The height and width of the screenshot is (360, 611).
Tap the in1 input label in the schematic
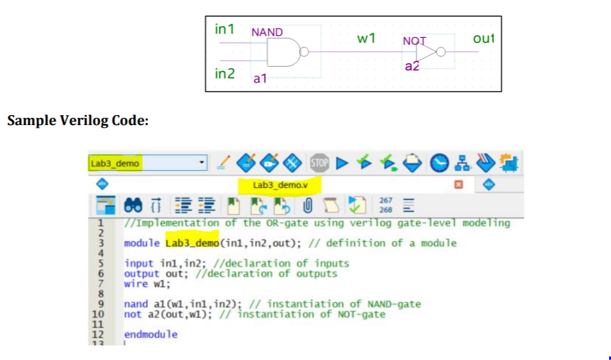[225, 29]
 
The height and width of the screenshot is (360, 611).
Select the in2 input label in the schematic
[225, 73]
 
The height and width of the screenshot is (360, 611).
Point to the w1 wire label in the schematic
[366, 38]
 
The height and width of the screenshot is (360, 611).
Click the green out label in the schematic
[484, 38]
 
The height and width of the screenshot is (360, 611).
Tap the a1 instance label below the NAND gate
[260, 79]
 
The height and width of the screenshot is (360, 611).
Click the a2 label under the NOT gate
[412, 66]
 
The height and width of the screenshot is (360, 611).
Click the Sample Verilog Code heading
[77, 121]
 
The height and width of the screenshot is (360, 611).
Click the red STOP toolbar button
[319, 162]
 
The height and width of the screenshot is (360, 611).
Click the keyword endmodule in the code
[151, 334]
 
